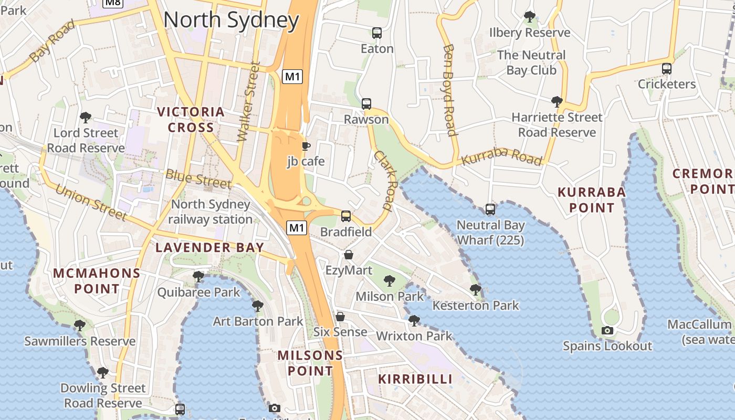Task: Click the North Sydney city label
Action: coord(231,20)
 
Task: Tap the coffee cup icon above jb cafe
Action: coord(306,146)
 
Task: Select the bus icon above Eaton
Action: coord(376,33)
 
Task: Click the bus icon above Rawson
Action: coord(366,104)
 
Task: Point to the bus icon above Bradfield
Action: coord(346,216)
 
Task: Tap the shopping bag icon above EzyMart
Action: coord(349,255)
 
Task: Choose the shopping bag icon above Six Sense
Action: coord(340,317)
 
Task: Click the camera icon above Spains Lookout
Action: coord(607,330)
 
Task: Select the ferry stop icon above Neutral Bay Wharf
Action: coord(490,209)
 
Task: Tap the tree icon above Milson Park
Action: coord(389,281)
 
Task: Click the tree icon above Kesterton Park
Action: coord(476,289)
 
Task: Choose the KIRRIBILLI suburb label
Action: coord(415,379)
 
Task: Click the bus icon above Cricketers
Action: coord(666,69)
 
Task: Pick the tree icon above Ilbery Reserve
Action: coord(530,17)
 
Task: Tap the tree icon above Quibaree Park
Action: coord(198,276)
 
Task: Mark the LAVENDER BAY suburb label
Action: coord(209,248)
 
